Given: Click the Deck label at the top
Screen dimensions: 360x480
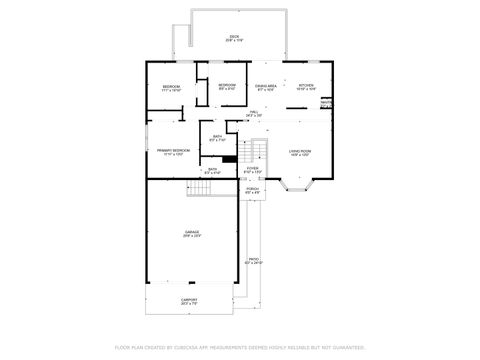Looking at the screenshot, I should click(234, 38).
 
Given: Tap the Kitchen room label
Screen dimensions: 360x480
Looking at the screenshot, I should click(307, 87).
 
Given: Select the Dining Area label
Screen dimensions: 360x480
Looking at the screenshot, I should click(265, 87).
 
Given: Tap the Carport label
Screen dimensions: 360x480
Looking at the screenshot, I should click(189, 300).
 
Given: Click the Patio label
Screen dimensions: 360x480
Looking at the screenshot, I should click(253, 260).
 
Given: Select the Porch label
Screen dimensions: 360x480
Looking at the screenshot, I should click(253, 190).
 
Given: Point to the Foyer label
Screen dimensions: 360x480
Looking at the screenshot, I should click(253, 169).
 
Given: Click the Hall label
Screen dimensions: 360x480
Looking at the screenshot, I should click(254, 113).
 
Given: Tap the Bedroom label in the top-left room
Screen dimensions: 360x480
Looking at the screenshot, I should click(171, 88).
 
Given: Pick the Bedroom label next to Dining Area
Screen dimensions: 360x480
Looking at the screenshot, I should click(227, 87).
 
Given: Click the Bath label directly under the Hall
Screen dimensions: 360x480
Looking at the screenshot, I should click(217, 139).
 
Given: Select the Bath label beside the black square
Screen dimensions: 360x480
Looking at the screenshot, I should click(212, 171).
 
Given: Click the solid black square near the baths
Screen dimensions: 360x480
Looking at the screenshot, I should click(229, 158).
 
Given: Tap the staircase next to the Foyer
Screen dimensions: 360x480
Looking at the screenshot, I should click(260, 150).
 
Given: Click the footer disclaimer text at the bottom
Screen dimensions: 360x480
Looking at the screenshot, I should click(240, 347).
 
